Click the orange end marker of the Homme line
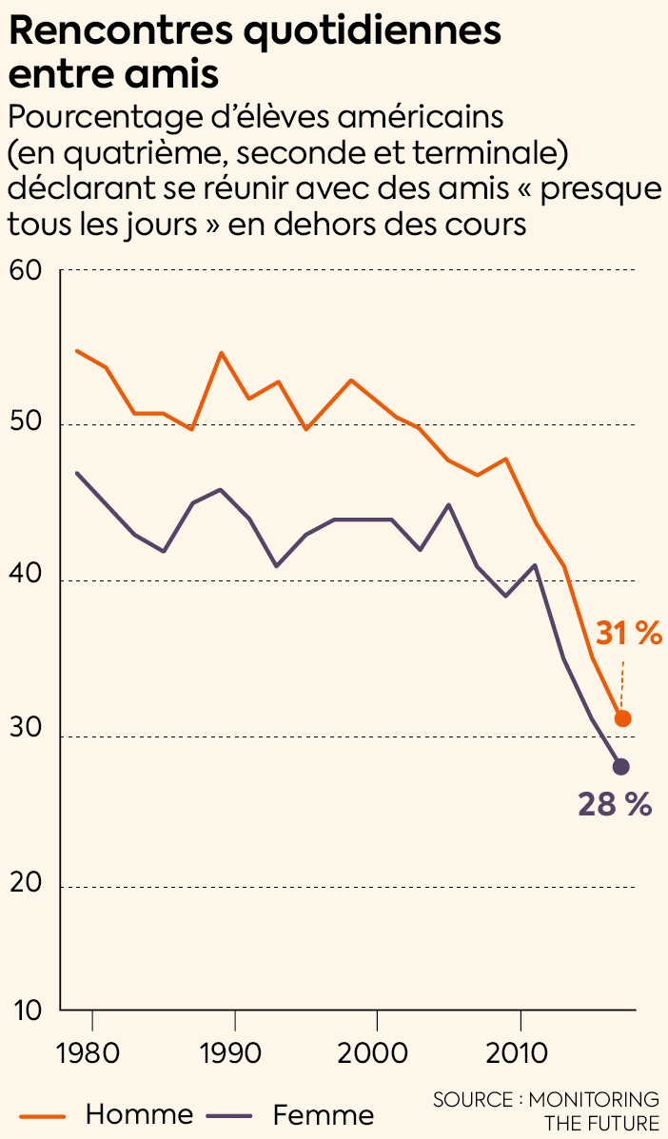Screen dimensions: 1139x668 [622, 718]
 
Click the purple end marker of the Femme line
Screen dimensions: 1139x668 [621, 766]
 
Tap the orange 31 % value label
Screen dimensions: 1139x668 [629, 634]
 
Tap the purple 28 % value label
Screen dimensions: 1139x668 [615, 805]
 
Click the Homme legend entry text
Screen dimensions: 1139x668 [139, 1114]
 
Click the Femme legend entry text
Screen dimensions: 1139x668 [324, 1114]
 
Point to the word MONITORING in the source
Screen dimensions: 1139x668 [595, 1100]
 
